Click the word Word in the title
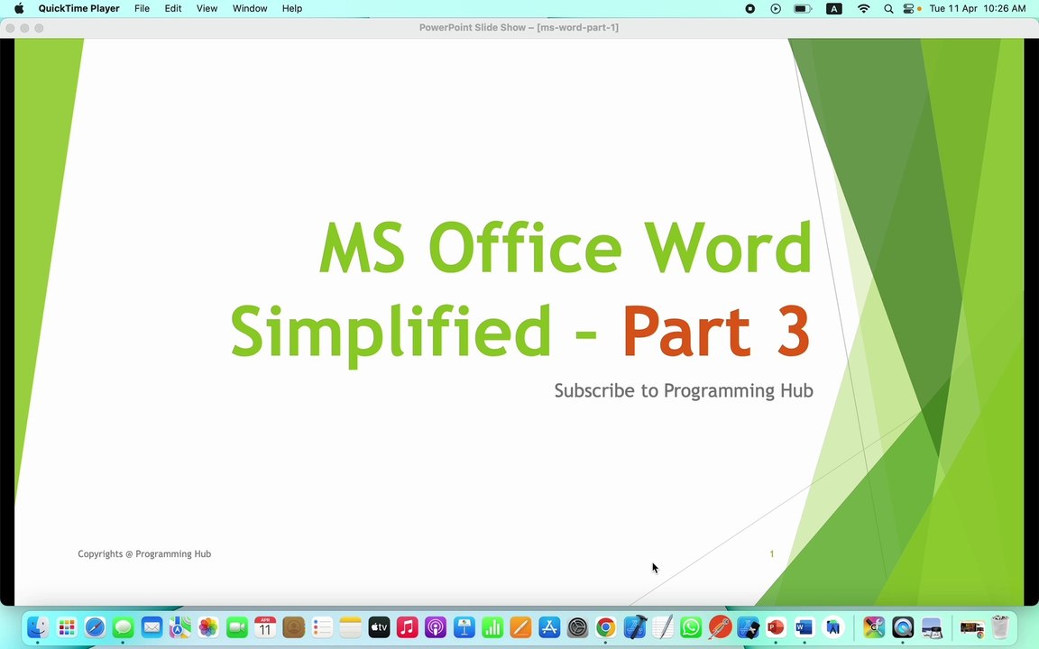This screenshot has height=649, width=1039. pos(727,248)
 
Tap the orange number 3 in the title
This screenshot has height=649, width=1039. pos(791,332)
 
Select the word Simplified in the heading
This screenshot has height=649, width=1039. pos(391,332)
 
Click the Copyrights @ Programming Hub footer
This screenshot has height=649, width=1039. pos(144,554)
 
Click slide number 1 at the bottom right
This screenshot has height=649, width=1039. pos(771,554)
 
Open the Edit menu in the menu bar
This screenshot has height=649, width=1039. pos(172,9)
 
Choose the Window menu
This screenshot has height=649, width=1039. pos(250,9)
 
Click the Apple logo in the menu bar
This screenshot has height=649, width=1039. pos(19,9)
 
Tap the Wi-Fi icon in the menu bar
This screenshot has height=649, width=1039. pos(863,9)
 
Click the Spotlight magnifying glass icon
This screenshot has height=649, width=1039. pos(888,9)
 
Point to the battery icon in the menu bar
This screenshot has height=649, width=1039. pos(802,9)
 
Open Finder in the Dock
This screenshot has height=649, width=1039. pos(37,627)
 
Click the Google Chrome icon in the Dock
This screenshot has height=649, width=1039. pos(605,627)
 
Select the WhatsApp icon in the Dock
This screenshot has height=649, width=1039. pos(691,627)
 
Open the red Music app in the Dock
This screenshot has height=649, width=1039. pos(407,627)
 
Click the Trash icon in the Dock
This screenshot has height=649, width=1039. pos(999,627)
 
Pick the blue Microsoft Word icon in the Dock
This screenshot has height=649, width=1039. pos(805,627)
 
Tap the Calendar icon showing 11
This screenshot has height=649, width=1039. pos(265,627)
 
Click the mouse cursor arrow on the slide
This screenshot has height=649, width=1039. pos(654,567)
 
